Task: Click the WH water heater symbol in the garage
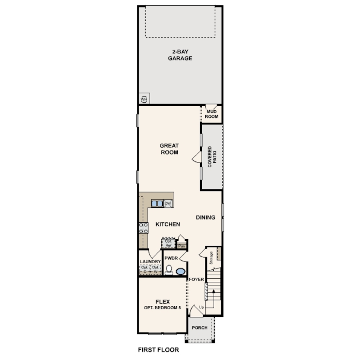pos(144,99)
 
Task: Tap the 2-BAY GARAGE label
pos(180,55)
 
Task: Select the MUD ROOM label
pos(212,113)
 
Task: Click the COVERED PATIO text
pos(212,157)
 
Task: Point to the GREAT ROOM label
pos(169,149)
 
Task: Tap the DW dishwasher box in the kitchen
pos(168,204)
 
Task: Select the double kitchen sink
pos(157,204)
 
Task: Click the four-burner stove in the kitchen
pos(144,228)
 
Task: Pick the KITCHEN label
pos(167,224)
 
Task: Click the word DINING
pos(205,217)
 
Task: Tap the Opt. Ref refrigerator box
pos(168,243)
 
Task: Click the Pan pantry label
pos(181,245)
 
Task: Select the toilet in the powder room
pos(169,270)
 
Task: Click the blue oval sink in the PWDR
pos(180,271)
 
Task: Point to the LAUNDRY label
pos(150,262)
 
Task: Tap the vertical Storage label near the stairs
pos(211,257)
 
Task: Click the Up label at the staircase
pos(201,307)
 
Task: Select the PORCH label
pos(199,328)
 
